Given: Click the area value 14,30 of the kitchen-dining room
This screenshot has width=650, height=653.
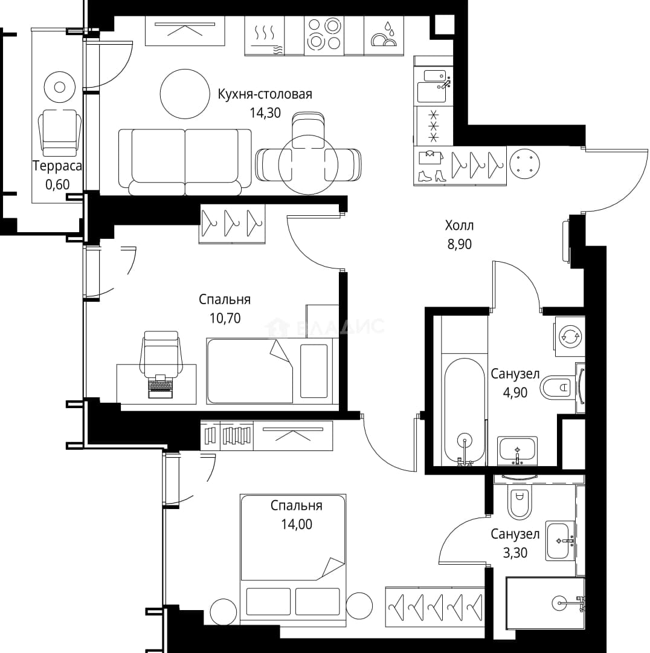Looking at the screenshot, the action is click(x=265, y=113).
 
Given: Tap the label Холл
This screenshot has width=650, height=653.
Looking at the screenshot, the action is click(x=459, y=226).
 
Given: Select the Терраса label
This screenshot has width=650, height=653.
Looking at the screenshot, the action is click(x=57, y=166).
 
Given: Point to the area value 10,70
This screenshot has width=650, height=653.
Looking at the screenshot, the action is click(x=225, y=318).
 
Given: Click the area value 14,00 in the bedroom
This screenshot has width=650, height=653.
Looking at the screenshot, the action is click(x=296, y=524).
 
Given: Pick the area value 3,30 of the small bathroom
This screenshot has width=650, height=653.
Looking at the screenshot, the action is click(x=515, y=553).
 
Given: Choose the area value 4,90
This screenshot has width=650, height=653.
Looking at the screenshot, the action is click(x=515, y=392).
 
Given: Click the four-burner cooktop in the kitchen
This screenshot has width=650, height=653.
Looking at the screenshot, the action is click(x=324, y=35).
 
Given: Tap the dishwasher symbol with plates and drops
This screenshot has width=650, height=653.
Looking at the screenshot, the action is click(x=384, y=35).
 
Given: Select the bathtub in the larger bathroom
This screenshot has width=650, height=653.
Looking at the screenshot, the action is click(x=465, y=410).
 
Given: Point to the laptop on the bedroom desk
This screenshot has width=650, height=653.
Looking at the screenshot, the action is click(x=160, y=386).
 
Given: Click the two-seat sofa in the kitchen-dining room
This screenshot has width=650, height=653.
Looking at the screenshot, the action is click(x=185, y=161).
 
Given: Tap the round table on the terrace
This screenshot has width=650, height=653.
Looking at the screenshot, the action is click(x=60, y=87).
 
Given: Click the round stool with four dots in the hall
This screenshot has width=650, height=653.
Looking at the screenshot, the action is click(x=524, y=164).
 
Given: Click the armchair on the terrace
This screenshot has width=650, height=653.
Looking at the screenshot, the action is click(x=60, y=132).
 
